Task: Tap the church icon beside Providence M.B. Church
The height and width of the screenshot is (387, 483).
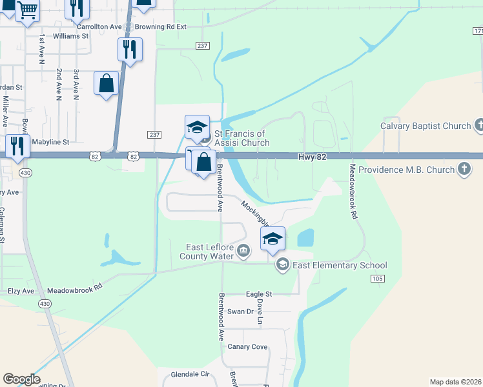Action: [x=464, y=170]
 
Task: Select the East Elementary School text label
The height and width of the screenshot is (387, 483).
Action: [x=340, y=265]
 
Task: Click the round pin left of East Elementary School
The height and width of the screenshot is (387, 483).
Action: [x=282, y=264]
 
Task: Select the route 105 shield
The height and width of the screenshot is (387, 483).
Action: [x=378, y=278]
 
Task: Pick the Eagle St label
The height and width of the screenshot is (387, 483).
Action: [x=259, y=293]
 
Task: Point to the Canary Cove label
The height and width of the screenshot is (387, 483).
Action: [x=247, y=346]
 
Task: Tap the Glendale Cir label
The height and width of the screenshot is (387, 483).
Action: [x=191, y=374]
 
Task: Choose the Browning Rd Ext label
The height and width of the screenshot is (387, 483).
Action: [x=161, y=27]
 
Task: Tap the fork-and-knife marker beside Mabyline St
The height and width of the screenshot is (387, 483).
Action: [x=17, y=146]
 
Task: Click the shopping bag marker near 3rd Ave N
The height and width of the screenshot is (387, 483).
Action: [x=106, y=84]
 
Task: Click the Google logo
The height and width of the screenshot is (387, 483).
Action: [x=21, y=379]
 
